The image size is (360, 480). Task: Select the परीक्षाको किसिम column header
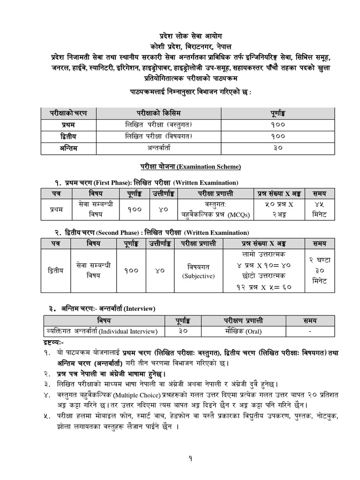pyautogui.click(x=162, y=113)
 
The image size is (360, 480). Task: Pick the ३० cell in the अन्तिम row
pyautogui.click(x=277, y=148)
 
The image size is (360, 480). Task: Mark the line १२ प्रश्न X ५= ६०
pyautogui.click(x=264, y=287)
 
